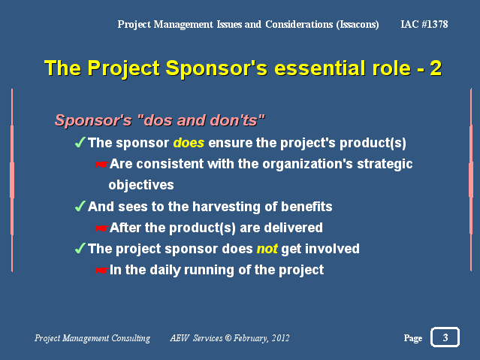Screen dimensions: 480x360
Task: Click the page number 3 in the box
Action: coord(445,337)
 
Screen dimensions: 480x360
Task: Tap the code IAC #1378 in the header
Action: coord(424,24)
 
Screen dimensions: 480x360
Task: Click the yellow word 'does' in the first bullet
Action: coord(189,143)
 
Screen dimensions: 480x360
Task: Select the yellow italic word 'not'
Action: coord(267,249)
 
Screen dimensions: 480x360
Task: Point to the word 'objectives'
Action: coord(141,185)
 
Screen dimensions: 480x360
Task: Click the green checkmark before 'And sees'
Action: coord(80,206)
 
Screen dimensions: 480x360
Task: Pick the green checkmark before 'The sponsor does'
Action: coord(80,143)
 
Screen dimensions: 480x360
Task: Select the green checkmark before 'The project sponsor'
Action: coord(80,248)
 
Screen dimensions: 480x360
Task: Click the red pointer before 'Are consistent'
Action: coord(101,165)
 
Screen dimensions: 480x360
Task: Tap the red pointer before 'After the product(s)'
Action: coord(101,228)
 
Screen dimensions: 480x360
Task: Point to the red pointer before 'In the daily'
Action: coord(101,271)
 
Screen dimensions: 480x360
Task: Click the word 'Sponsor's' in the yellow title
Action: coord(217,68)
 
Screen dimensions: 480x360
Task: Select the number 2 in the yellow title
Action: coord(436,68)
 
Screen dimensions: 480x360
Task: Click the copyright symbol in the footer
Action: coord(228,338)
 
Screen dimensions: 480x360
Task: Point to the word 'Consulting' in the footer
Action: coord(131,338)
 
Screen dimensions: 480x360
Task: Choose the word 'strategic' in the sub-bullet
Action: coord(385,165)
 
